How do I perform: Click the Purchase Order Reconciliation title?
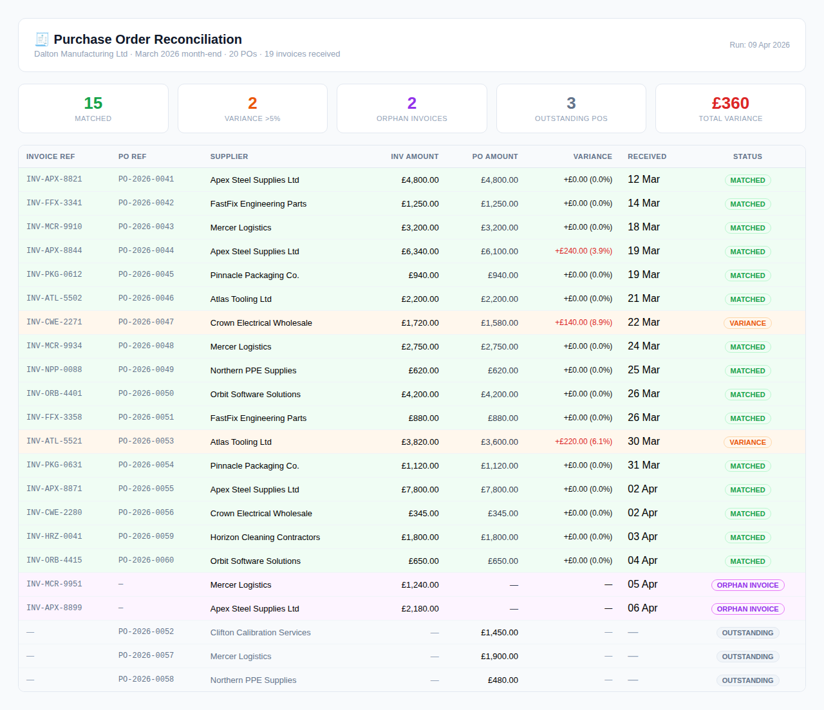pyautogui.click(x=147, y=39)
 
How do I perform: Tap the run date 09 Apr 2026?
pyautogui.click(x=759, y=45)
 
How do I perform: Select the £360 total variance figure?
pyautogui.click(x=730, y=104)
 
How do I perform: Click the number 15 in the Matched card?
pyautogui.click(x=93, y=104)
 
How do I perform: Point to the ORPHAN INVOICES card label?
pyautogui.click(x=411, y=118)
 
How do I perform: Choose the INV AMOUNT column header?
pyautogui.click(x=415, y=156)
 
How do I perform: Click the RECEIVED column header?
pyautogui.click(x=646, y=156)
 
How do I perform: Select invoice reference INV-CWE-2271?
pyautogui.click(x=54, y=322)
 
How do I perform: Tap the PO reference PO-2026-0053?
pyautogui.click(x=146, y=441)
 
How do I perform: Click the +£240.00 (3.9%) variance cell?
pyautogui.click(x=583, y=251)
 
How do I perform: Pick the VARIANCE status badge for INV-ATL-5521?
pyautogui.click(x=747, y=442)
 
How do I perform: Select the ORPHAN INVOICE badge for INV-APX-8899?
pyautogui.click(x=747, y=609)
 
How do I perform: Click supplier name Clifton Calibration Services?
pyautogui.click(x=260, y=633)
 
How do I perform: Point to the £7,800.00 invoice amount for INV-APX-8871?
pyautogui.click(x=420, y=490)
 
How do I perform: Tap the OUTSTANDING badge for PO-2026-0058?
pyautogui.click(x=747, y=680)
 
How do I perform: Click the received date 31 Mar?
pyautogui.click(x=643, y=465)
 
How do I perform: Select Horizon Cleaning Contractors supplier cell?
pyautogui.click(x=265, y=537)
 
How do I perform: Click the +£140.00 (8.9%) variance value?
pyautogui.click(x=583, y=322)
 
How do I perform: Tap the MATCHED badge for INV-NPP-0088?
pyautogui.click(x=747, y=371)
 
